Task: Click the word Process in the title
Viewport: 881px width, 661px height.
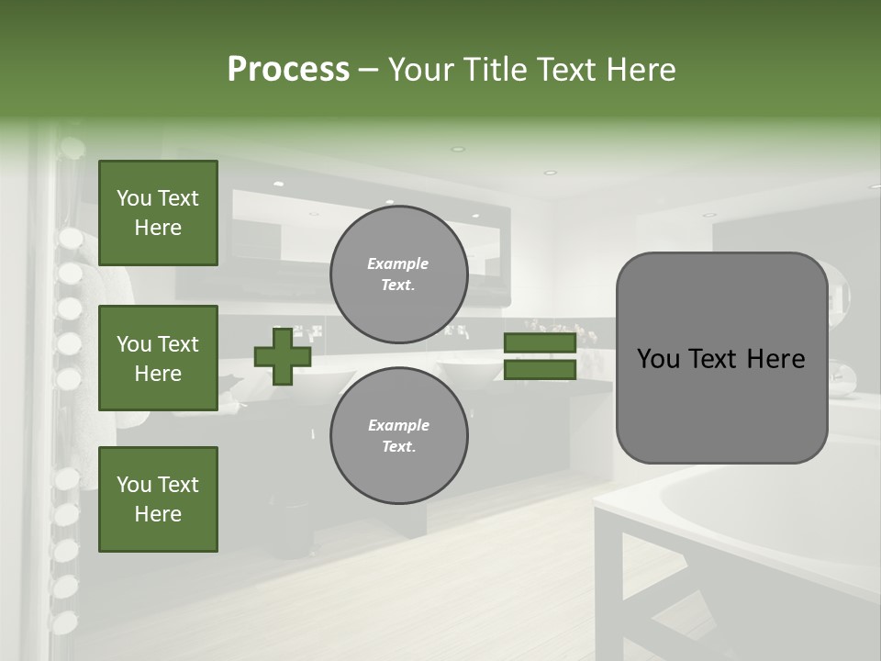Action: [x=288, y=70]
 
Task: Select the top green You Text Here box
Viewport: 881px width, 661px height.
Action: [x=158, y=213]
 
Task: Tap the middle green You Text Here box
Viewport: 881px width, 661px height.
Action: [x=158, y=358]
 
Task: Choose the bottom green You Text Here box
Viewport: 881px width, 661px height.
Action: [x=158, y=499]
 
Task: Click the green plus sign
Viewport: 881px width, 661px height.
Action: [x=283, y=356]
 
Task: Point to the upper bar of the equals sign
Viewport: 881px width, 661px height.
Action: [x=540, y=343]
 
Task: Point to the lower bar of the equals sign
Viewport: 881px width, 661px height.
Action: [x=540, y=369]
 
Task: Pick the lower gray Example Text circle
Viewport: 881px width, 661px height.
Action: [x=398, y=436]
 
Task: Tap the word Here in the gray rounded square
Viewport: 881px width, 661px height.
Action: [x=775, y=359]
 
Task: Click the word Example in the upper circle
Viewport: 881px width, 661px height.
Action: [x=398, y=263]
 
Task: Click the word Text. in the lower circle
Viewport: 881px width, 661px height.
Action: [x=398, y=447]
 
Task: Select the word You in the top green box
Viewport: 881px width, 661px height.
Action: [x=134, y=198]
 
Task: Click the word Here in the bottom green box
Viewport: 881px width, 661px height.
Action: [x=158, y=514]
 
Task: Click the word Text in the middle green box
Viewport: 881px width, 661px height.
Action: [x=178, y=344]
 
